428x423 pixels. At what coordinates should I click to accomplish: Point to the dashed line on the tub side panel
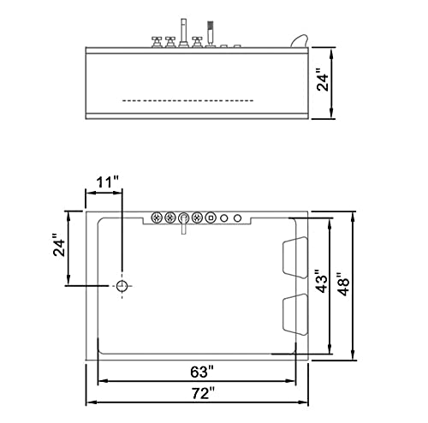pos(187,100)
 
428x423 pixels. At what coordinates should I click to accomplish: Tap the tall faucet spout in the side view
pos(181,31)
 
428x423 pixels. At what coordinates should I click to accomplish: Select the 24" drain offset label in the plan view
pos(57,247)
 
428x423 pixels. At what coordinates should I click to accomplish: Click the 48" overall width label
pos(343,282)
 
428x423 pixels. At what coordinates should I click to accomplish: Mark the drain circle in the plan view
pos(122,285)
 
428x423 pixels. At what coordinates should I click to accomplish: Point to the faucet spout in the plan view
pos(184,224)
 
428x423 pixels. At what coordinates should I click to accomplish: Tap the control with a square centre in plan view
pos(211,217)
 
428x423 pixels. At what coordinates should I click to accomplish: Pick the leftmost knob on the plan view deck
pos(157,217)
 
